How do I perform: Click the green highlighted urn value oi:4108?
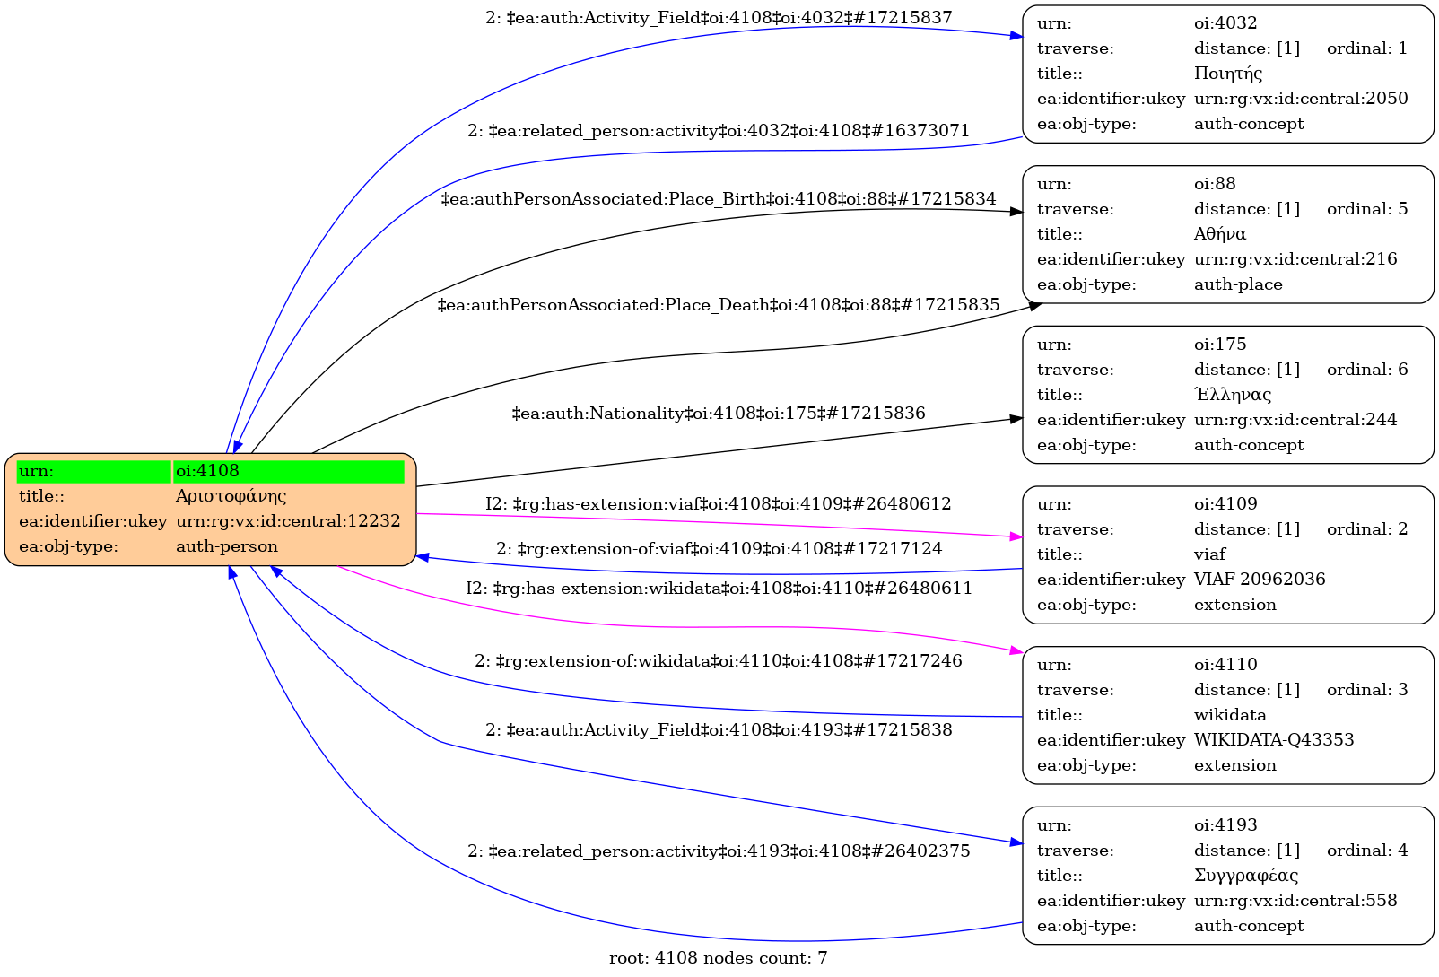click(x=207, y=471)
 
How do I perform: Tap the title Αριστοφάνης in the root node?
click(x=231, y=496)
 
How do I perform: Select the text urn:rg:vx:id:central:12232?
click(x=288, y=521)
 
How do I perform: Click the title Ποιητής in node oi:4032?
click(x=1228, y=74)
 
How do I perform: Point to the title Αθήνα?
click(x=1220, y=234)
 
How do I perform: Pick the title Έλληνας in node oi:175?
click(x=1233, y=395)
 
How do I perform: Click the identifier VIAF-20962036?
click(x=1260, y=580)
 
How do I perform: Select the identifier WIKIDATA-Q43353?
click(x=1274, y=740)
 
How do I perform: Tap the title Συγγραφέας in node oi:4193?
click(x=1246, y=876)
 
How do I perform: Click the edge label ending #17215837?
click(x=719, y=18)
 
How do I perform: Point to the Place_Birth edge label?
click(x=719, y=199)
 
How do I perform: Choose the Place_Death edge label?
click(x=719, y=305)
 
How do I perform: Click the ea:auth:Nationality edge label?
click(x=719, y=414)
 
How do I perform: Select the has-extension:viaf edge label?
click(x=719, y=504)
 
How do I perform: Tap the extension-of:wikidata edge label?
click(x=719, y=661)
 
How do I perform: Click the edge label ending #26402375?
click(x=719, y=851)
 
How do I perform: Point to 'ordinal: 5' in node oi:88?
click(x=1367, y=209)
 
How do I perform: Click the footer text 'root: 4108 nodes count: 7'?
click(x=719, y=958)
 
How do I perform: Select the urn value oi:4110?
click(x=1225, y=665)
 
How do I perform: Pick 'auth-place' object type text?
click(x=1238, y=284)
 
